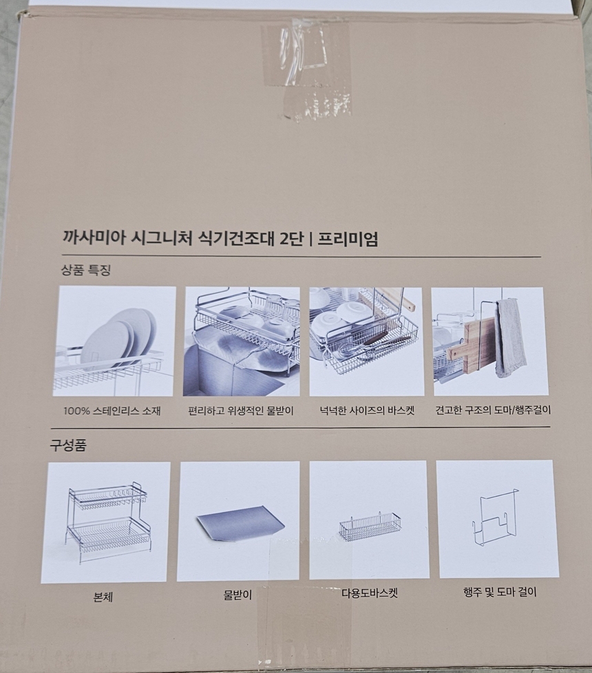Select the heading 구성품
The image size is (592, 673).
68,445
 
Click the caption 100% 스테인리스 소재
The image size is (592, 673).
112,412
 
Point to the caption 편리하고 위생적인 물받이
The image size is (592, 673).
240,412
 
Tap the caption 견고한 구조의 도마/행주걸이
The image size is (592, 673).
493,410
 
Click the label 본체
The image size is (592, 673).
103,598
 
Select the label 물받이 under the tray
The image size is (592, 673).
237,596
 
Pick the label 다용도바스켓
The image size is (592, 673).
370,592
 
